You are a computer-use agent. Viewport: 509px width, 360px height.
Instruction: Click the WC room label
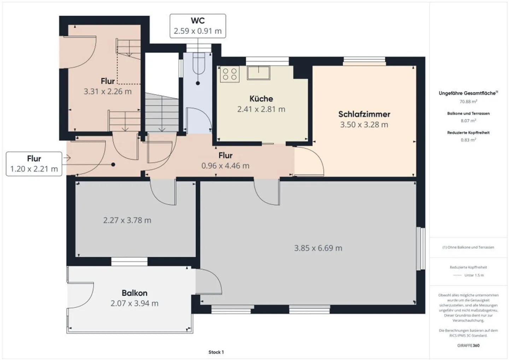click(198, 21)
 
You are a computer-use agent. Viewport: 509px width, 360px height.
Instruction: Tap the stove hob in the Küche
click(229, 74)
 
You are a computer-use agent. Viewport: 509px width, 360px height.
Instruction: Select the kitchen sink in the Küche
click(258, 73)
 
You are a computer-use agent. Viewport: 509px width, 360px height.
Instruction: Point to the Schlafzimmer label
click(364, 114)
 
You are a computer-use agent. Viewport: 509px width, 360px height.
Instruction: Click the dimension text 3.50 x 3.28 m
click(364, 124)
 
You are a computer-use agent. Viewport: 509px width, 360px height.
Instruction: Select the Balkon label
click(134, 293)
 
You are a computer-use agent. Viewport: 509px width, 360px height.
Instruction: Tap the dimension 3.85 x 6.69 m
click(318, 248)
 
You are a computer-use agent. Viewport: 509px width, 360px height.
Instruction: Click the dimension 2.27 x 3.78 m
click(127, 220)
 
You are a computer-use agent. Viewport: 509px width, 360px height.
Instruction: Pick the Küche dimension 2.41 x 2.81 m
click(261, 109)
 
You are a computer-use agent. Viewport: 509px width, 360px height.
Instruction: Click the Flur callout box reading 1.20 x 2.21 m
click(34, 164)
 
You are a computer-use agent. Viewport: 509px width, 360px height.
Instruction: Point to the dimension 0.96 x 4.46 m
click(225, 166)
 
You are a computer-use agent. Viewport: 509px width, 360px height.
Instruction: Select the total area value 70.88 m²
click(468, 101)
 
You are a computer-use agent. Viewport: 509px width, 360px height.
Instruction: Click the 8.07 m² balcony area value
click(468, 121)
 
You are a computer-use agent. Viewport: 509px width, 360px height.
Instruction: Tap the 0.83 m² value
click(468, 140)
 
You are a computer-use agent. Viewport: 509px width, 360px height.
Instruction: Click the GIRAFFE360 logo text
click(468, 346)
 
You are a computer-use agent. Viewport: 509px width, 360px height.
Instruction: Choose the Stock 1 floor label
click(216, 352)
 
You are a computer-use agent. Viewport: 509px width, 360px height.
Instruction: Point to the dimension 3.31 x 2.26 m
click(107, 92)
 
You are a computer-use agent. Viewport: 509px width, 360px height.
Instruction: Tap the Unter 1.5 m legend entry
click(474, 275)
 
